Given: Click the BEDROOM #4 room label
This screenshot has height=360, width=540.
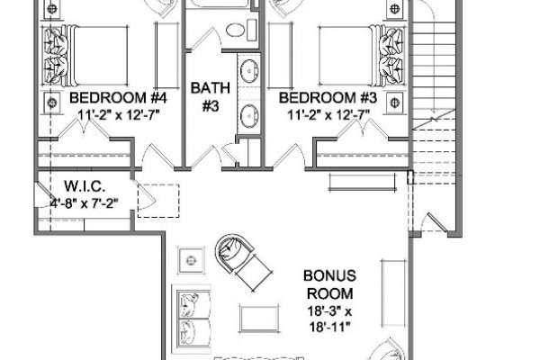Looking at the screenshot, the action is (x=118, y=98).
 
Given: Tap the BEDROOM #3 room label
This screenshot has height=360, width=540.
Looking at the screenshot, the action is (x=328, y=98).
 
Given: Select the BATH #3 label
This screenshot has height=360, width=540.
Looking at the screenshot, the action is (x=211, y=97).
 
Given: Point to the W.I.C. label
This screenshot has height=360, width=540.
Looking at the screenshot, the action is (x=85, y=186).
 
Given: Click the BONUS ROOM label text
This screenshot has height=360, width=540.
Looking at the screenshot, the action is (x=329, y=284).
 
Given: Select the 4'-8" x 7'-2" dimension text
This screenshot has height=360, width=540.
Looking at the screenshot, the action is (x=85, y=203).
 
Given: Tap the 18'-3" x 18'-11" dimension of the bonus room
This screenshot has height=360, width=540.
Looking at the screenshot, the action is (x=329, y=319).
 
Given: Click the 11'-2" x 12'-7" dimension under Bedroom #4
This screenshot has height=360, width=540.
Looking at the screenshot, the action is (x=119, y=114).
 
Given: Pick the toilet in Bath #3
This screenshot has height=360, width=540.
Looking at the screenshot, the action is (x=241, y=30).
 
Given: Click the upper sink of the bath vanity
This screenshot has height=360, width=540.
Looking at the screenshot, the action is (x=248, y=71).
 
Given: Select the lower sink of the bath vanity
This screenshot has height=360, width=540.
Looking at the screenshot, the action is (x=248, y=116).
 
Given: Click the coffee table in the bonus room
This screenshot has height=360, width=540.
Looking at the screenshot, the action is (x=259, y=318).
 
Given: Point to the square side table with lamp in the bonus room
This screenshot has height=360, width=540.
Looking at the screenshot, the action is (x=191, y=260).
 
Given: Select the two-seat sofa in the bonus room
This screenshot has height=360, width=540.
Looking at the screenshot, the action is (x=192, y=319).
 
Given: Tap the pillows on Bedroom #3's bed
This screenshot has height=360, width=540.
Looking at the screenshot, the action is (x=391, y=56).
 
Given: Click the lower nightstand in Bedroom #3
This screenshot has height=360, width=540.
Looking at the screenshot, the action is (x=394, y=103).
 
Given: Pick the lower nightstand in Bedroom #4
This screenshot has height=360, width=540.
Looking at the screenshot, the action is (x=51, y=103).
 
